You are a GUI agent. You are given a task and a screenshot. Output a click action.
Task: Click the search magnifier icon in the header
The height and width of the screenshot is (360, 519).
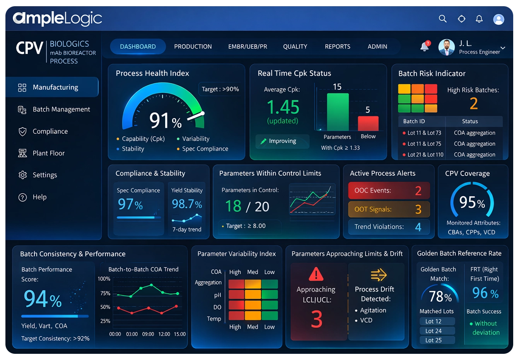click(443, 19)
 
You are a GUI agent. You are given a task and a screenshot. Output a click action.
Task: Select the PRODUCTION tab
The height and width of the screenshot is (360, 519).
click(193, 46)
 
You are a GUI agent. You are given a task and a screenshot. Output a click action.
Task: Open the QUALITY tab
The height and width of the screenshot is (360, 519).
click(295, 46)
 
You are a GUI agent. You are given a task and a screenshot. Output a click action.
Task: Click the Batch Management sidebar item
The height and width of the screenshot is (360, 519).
click(61, 109)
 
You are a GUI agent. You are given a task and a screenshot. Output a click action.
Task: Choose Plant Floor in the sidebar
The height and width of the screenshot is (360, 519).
click(48, 153)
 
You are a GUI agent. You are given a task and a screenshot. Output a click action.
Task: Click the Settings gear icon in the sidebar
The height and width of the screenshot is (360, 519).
click(23, 175)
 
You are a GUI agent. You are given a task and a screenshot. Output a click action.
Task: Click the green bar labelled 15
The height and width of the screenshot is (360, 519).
click(338, 112)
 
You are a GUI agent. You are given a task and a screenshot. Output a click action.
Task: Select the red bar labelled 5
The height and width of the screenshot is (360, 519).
click(368, 123)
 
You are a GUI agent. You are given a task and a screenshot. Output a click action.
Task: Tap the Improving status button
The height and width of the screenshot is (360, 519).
click(282, 141)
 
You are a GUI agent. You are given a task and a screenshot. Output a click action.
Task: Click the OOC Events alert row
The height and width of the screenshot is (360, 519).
click(389, 190)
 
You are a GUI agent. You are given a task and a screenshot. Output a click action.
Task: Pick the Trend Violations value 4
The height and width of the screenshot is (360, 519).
click(418, 227)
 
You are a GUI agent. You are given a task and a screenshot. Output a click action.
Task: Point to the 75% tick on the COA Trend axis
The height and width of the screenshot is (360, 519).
click(105, 293)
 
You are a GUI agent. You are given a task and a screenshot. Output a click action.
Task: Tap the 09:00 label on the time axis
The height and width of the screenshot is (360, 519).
click(148, 334)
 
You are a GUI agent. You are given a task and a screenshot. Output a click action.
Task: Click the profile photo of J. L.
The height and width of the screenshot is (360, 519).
click(447, 47)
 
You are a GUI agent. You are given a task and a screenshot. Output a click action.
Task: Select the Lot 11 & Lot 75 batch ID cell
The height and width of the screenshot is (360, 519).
click(424, 144)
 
